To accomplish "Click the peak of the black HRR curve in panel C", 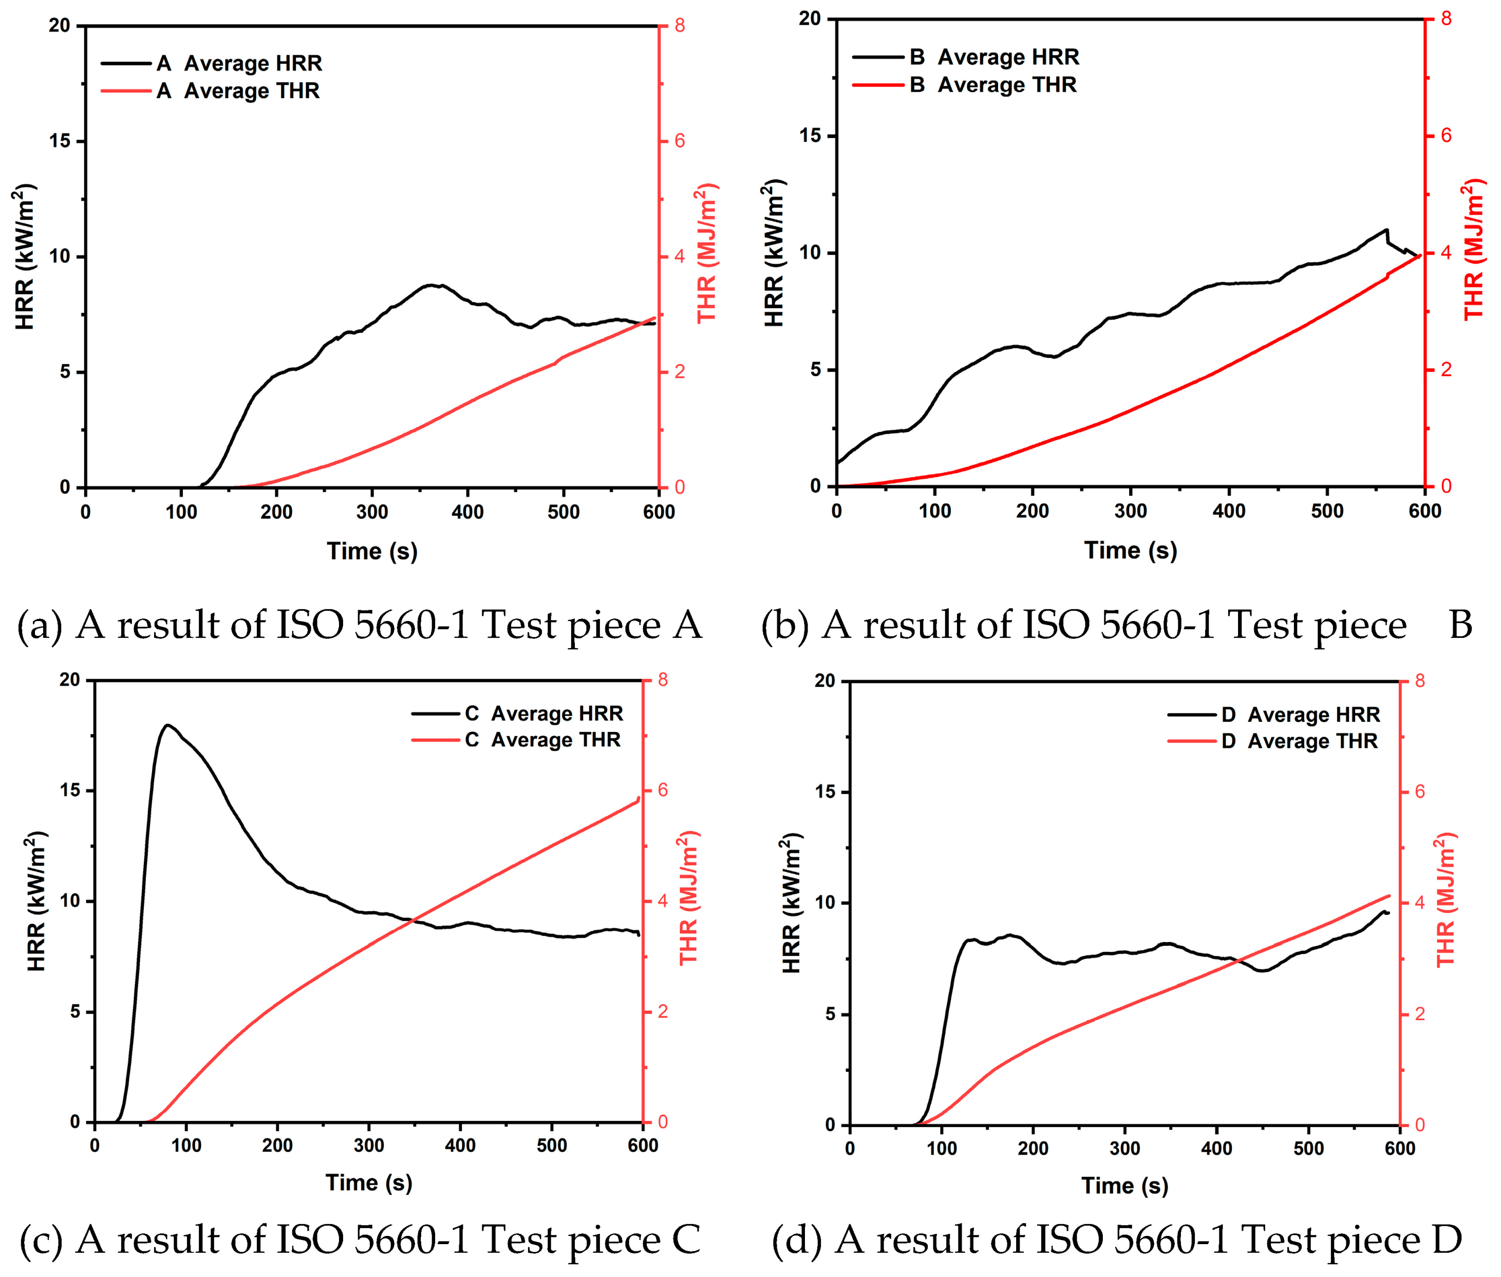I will tap(168, 725).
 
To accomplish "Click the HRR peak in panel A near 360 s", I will tap(433, 285).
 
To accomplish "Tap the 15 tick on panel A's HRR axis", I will tap(60, 141).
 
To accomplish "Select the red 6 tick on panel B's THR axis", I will tap(1445, 136).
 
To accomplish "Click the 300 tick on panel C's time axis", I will tap(369, 1145).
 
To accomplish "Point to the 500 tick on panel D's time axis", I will tap(1308, 1148).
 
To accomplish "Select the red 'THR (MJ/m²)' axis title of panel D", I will tap(1445, 900).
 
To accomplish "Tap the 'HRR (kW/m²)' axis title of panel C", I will tap(36, 902).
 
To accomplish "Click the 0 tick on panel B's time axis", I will tap(836, 511).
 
